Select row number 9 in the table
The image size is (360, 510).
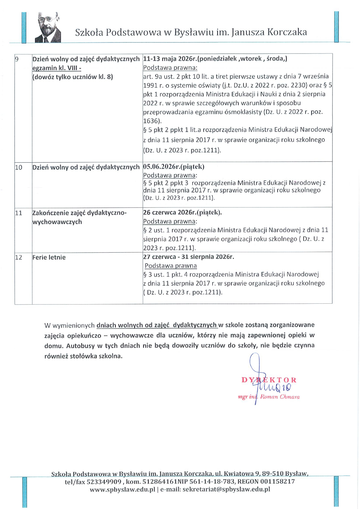(17, 59)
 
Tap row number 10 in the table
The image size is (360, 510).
(19, 167)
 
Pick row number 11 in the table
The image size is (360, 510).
(19, 213)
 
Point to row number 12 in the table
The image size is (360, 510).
(19, 257)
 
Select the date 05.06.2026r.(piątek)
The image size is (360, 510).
(174, 167)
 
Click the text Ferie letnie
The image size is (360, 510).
(49, 257)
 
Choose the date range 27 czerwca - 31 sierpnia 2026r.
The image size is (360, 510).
(188, 257)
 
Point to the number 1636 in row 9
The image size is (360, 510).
(151, 121)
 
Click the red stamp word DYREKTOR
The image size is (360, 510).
(269, 380)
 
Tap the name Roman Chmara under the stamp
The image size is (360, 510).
(280, 397)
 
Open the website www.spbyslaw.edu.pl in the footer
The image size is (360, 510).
(122, 489)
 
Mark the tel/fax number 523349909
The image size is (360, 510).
(104, 482)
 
